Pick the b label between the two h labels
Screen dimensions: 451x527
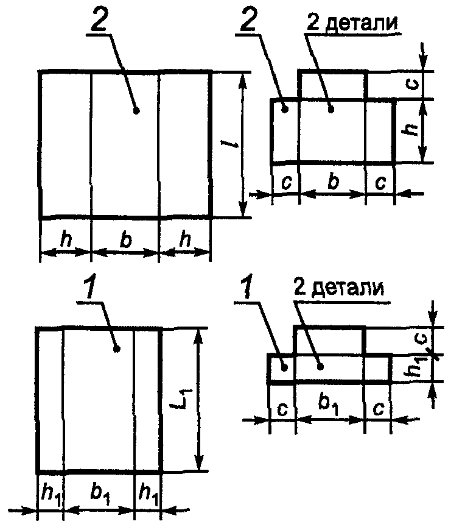click(125, 240)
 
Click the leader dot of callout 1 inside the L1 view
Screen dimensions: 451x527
click(117, 348)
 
